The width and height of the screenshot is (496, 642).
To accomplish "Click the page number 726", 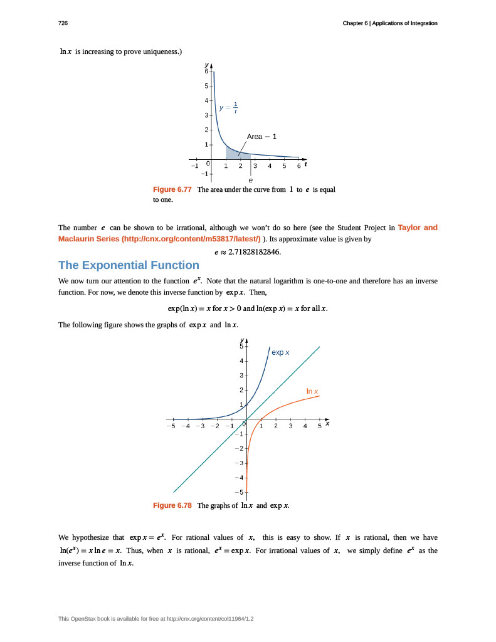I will (63, 23).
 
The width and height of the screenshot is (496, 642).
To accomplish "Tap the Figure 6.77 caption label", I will (172, 189).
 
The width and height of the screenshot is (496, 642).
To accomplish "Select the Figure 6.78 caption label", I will (172, 505).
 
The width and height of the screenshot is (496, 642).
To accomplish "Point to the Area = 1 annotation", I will (262, 136).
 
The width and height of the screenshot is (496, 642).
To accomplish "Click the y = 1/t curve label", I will (228, 107).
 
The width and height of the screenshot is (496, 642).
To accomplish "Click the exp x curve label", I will (280, 352).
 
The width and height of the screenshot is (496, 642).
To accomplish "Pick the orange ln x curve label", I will (312, 391).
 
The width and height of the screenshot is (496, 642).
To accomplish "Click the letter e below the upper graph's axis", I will (251, 180).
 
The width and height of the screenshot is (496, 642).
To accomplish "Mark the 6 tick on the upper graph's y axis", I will (206, 71).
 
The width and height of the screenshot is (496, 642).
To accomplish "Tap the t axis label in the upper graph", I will (305, 165).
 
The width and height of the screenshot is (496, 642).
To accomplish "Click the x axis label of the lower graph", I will (327, 424).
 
